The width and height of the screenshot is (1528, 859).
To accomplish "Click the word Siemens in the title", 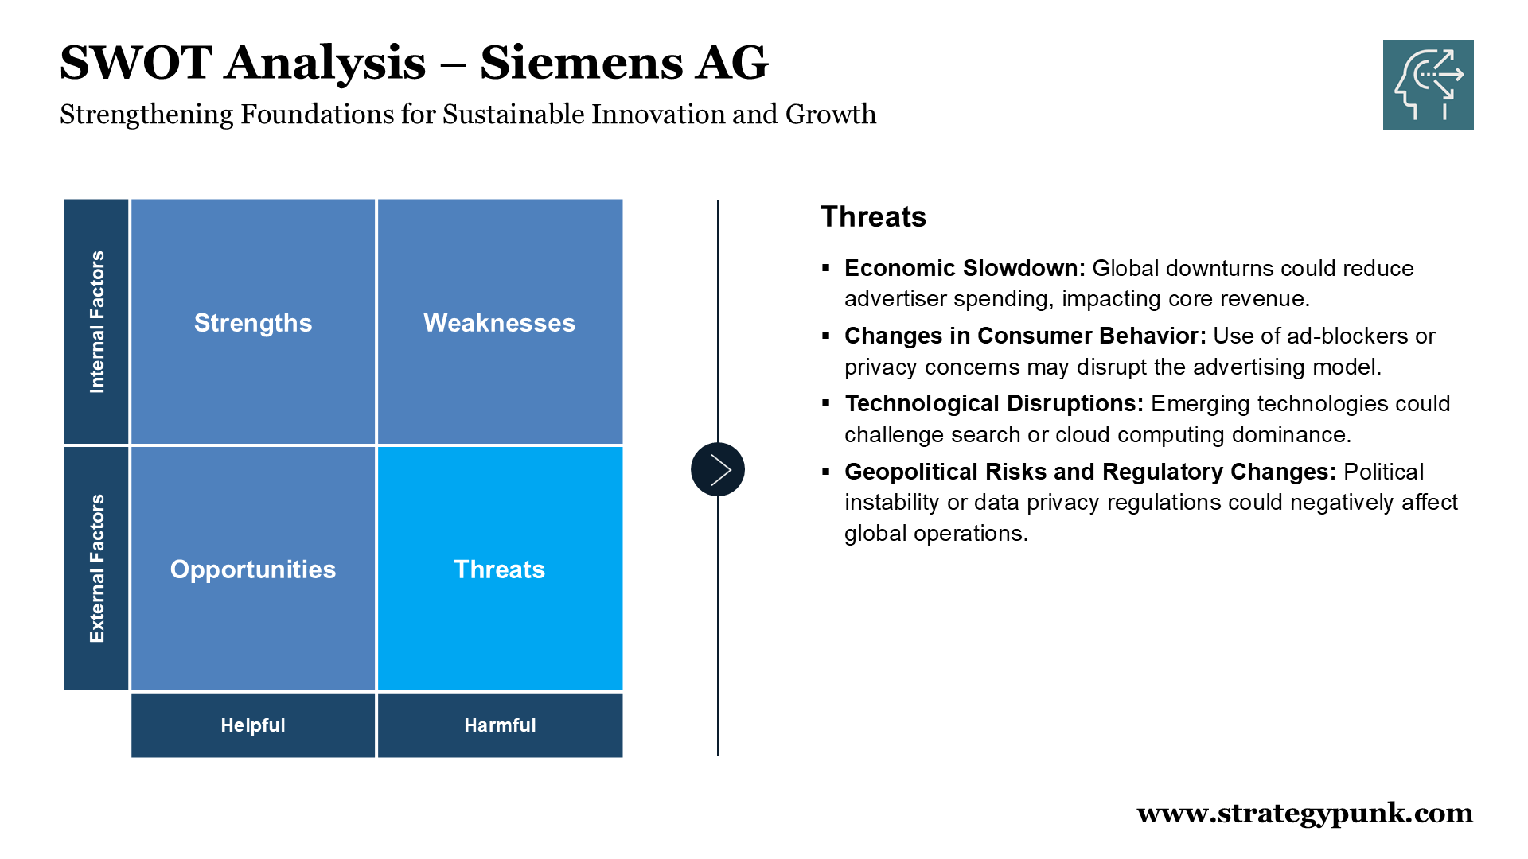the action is tap(581, 63).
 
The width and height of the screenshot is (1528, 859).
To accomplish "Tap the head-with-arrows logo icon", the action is tap(1428, 84).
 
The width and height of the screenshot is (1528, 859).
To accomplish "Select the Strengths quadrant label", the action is tap(253, 323).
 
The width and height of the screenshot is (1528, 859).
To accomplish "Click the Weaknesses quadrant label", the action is tap(500, 323).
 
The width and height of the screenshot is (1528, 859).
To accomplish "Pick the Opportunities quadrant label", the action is tap(253, 569).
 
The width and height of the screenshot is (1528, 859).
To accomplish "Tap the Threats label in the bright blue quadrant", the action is tap(500, 569).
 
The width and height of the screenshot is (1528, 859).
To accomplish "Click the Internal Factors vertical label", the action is tap(97, 322).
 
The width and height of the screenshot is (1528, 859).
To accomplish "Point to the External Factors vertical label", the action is tap(97, 569).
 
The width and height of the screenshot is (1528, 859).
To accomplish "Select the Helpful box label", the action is tap(253, 725).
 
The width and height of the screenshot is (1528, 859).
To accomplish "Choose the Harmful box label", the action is tap(500, 725).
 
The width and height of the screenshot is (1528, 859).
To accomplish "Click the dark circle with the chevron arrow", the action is tap(718, 469).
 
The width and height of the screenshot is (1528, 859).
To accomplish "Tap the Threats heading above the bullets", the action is tap(873, 217).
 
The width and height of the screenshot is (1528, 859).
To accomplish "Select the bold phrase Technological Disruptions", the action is tap(994, 404).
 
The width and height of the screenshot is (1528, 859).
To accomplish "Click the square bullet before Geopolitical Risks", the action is tap(826, 472).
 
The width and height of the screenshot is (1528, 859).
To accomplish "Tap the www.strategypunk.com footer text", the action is tap(1305, 814).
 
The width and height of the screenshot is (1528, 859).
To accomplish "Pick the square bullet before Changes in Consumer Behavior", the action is tap(826, 336).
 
